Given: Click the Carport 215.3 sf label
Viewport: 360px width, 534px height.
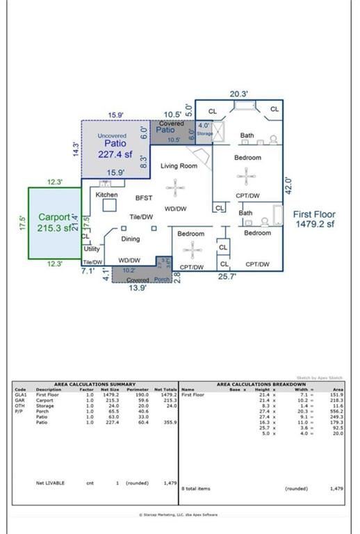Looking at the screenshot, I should click(54, 222).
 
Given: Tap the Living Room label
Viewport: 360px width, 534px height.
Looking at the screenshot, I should click(179, 166).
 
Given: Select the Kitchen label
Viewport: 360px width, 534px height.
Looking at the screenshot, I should click(106, 195).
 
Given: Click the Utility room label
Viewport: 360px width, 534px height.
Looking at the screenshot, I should click(92, 248).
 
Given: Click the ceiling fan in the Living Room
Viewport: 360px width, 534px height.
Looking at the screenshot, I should click(177, 186).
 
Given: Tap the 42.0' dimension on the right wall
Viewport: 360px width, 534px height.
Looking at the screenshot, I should click(288, 185).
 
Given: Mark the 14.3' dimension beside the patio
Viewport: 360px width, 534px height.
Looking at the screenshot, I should click(76, 149).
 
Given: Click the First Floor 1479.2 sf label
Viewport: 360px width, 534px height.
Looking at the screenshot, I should click(313, 219).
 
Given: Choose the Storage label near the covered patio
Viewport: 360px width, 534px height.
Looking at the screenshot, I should click(204, 133).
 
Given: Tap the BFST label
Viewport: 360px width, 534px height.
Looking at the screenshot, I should click(143, 198).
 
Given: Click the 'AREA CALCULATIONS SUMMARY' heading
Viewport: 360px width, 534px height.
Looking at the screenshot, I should click(95, 384).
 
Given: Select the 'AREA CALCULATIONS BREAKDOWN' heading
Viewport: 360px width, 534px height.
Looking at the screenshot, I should click(261, 384).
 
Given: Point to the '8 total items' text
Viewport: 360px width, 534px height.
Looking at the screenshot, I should click(197, 489).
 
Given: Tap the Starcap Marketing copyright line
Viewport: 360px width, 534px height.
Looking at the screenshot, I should click(178, 515).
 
